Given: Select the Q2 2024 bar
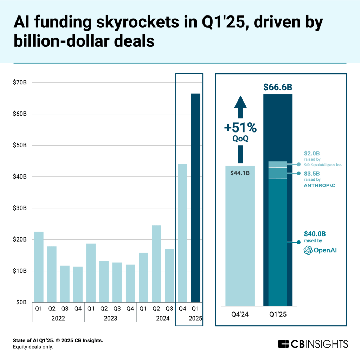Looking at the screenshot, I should pos(156,264).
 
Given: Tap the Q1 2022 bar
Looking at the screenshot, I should pos(39,267).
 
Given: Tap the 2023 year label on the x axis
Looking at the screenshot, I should pos(110,319).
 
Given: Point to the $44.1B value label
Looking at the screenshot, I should pos(240,173).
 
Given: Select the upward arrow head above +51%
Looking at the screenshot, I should pos(240,102).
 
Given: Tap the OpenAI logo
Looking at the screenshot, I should pos(320,250).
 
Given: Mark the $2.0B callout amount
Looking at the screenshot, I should pos(312,153).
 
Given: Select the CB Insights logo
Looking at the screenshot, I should pos(313,343).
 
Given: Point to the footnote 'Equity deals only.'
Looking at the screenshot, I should pos(33,347).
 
